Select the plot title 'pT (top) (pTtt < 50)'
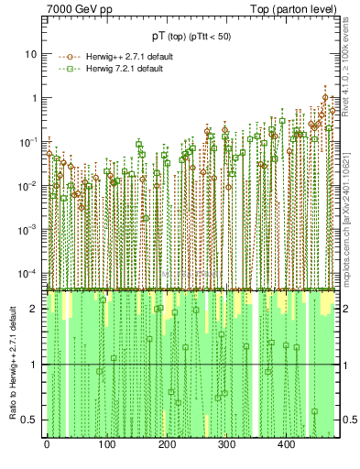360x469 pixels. (x=191, y=36)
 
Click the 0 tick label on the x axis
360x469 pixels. (x=47, y=443)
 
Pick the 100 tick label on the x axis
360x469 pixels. (x=106, y=443)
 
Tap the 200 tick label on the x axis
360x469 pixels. (x=166, y=443)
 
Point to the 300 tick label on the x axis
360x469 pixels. (x=226, y=443)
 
